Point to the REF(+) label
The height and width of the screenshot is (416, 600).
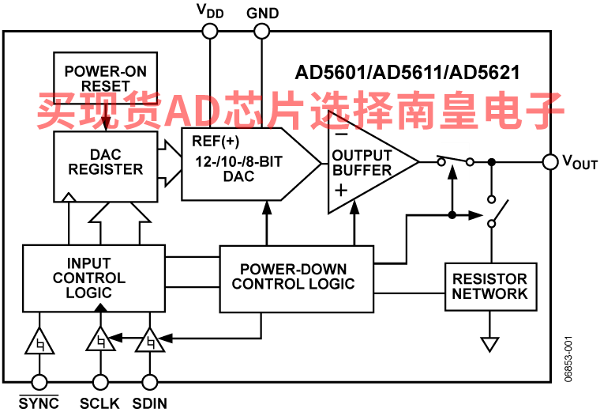click(216, 141)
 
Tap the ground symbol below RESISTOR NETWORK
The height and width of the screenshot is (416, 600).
click(490, 344)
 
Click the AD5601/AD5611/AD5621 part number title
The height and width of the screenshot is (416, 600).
click(407, 72)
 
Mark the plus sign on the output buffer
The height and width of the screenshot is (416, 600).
click(341, 190)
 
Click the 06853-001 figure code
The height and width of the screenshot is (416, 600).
click(568, 359)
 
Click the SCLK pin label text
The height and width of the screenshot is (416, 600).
click(99, 403)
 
